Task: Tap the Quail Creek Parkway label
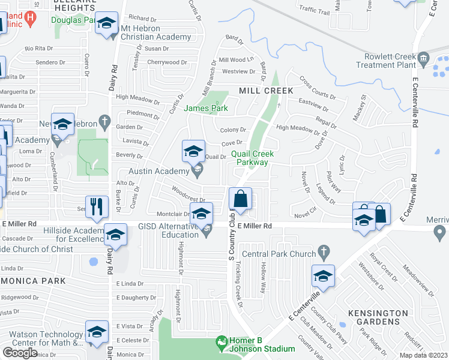click(x=251, y=158)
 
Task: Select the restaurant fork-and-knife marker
click(x=96, y=207)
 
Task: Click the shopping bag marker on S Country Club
click(x=240, y=199)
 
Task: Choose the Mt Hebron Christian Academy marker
click(x=107, y=25)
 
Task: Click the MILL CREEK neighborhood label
click(x=266, y=91)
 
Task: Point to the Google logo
click(x=20, y=352)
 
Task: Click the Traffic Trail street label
click(x=315, y=11)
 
